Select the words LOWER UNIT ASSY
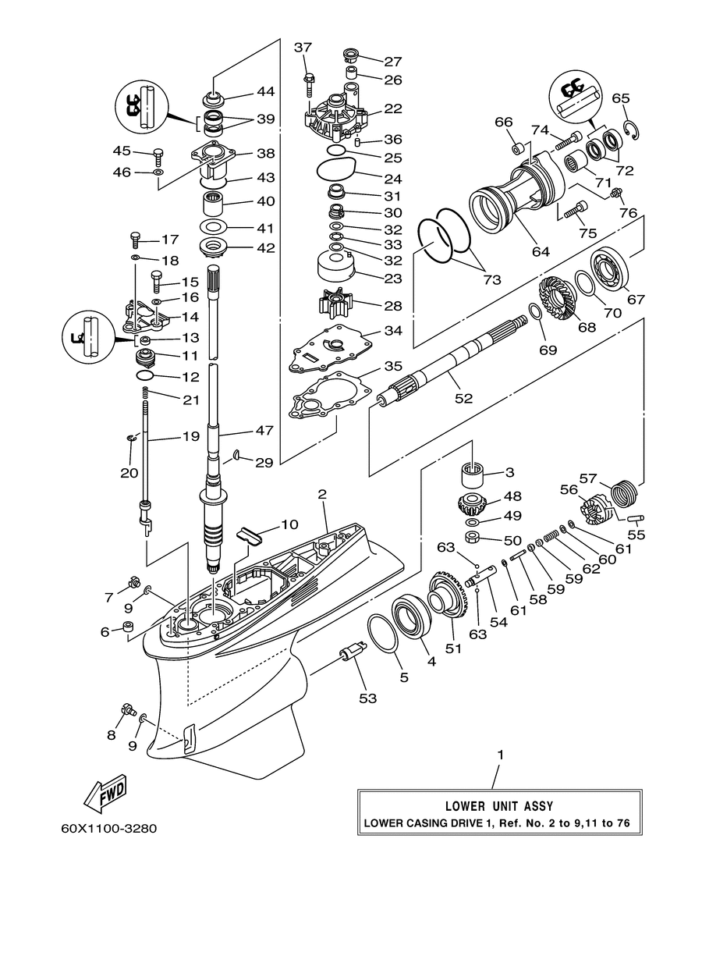click(x=499, y=806)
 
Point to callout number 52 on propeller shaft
click(x=463, y=398)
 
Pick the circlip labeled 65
click(x=632, y=131)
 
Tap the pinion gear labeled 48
click(x=472, y=503)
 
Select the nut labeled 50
click(x=473, y=538)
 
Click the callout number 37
click(x=303, y=47)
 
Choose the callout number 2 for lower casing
click(x=322, y=494)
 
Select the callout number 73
click(x=491, y=279)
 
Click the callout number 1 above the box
click(x=501, y=755)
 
